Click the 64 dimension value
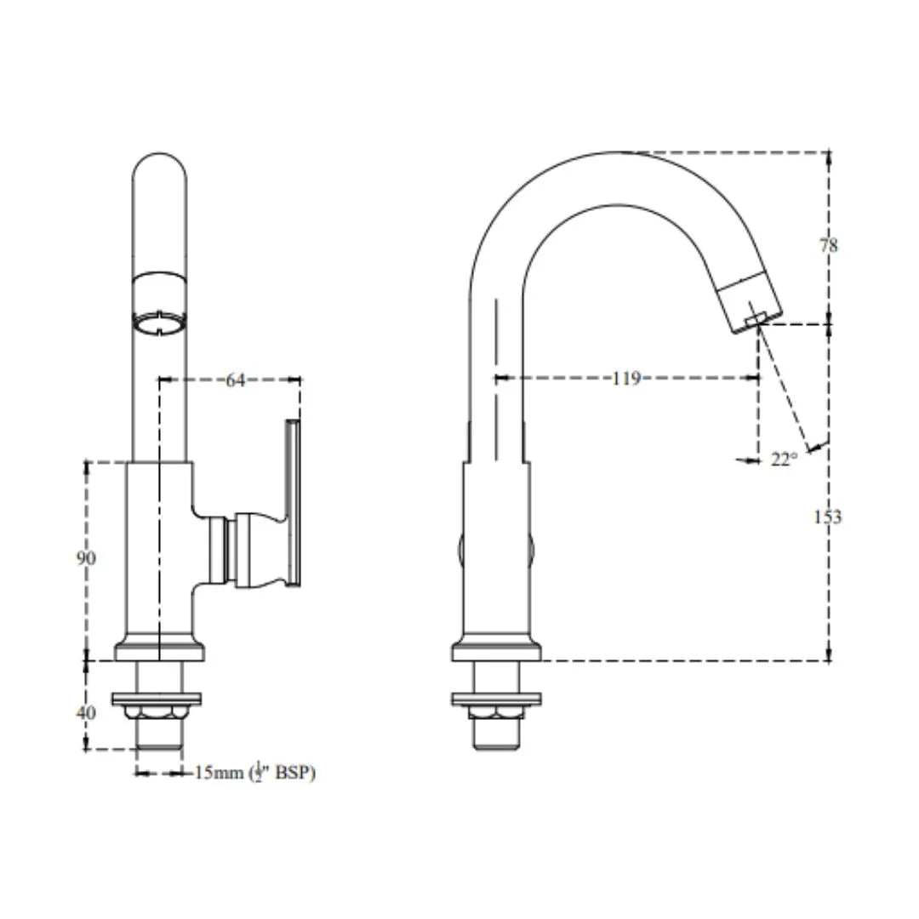(x=235, y=380)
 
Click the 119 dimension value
(x=625, y=379)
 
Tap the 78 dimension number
(x=828, y=245)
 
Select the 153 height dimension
(x=827, y=517)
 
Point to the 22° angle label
(x=784, y=459)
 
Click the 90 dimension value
(x=86, y=558)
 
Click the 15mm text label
(x=219, y=773)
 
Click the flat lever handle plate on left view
(x=292, y=502)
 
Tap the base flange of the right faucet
(x=496, y=652)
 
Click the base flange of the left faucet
(x=159, y=652)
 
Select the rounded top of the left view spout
(x=159, y=166)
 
